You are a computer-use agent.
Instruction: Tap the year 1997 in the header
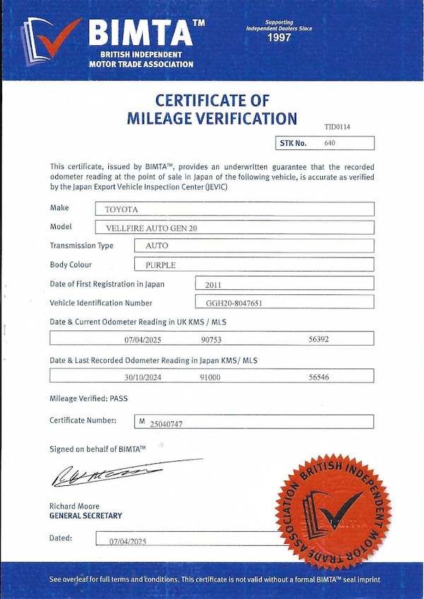tap(279, 37)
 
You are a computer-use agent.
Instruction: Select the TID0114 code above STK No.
tap(337, 127)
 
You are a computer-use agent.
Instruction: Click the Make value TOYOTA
tap(122, 209)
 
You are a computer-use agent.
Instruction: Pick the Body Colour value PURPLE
tap(160, 265)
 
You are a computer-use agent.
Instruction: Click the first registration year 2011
tap(213, 284)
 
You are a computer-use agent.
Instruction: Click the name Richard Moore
tap(74, 506)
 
